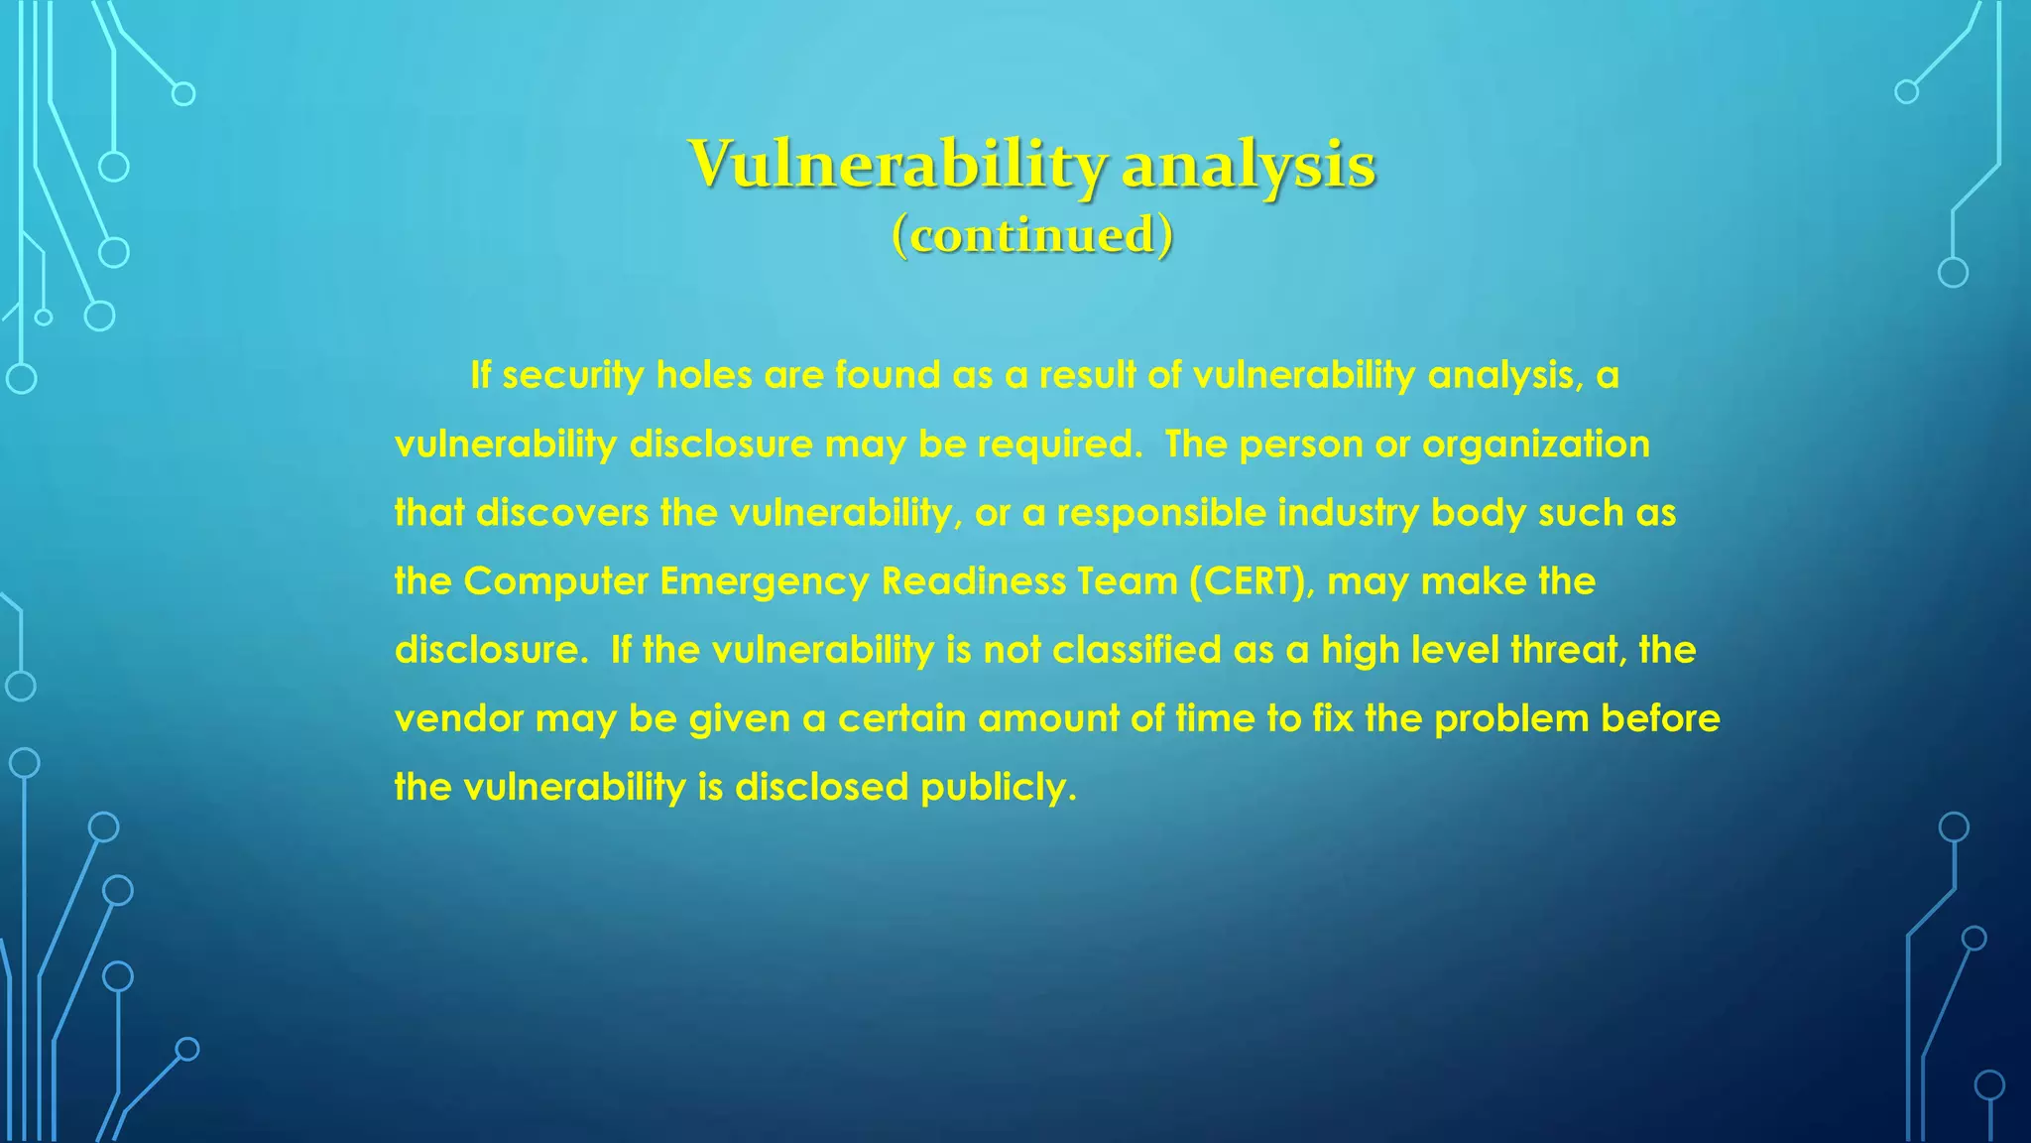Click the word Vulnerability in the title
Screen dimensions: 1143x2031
(896, 165)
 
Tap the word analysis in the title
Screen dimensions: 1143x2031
(1249, 165)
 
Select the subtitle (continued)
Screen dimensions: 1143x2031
(1032, 235)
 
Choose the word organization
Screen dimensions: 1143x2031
(1536, 444)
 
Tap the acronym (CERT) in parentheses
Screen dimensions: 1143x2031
(1252, 581)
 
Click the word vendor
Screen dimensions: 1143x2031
(458, 718)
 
